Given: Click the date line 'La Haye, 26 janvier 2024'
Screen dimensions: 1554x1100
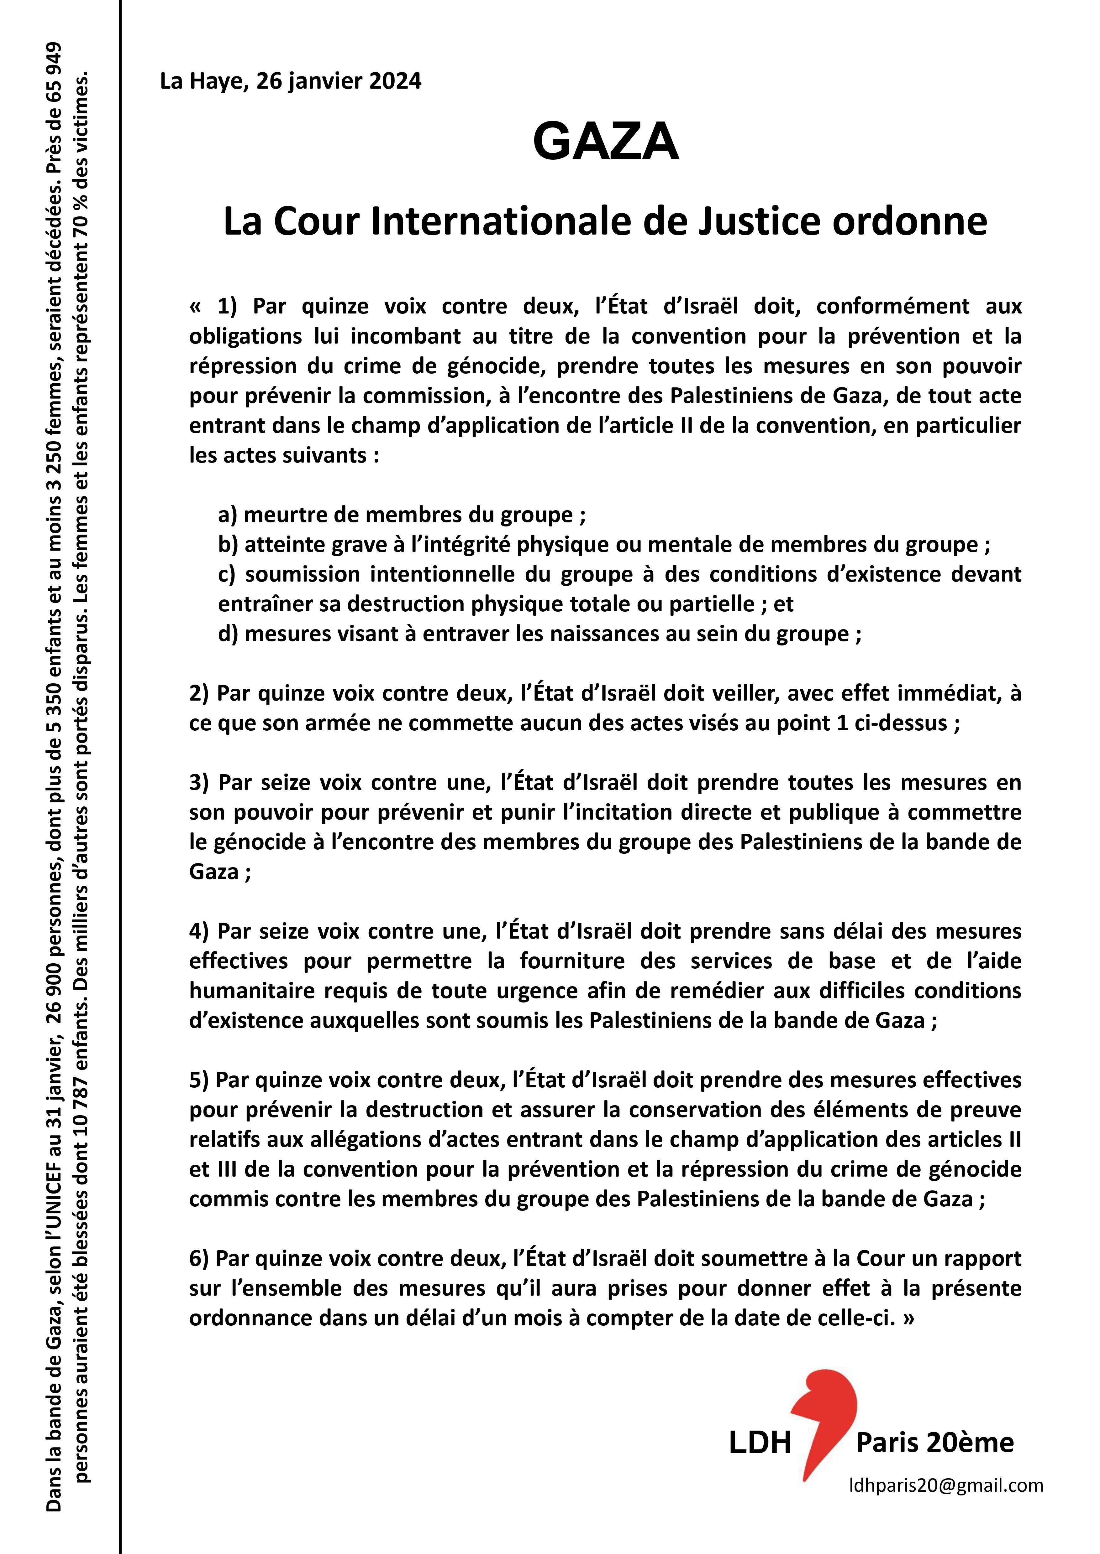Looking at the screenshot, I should point(291,81).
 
